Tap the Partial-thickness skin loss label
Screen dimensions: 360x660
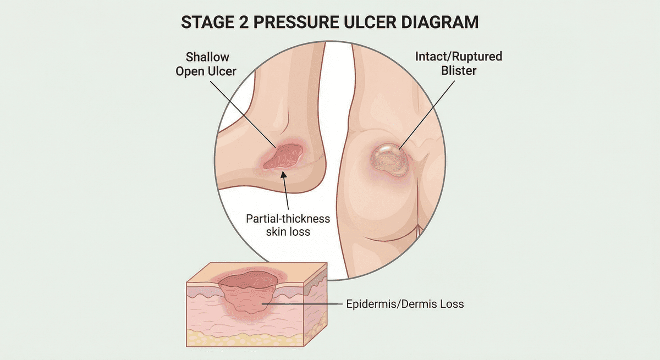tap(288, 225)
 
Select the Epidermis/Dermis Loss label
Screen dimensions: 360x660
tap(405, 303)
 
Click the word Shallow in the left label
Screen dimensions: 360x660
tap(207, 57)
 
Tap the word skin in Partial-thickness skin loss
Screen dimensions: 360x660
tap(277, 231)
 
